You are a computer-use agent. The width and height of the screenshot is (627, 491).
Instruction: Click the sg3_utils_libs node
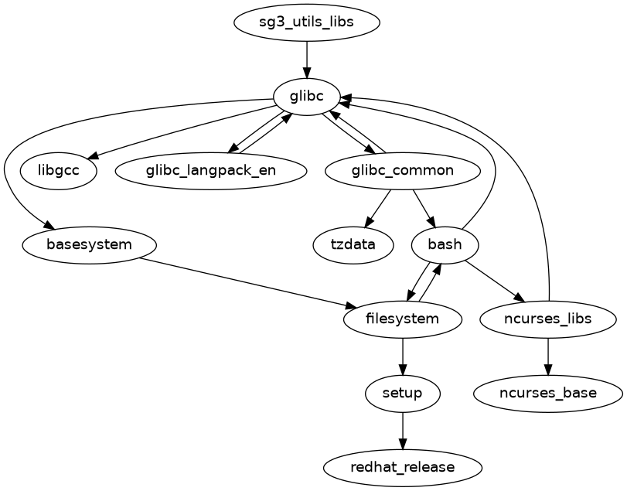click(x=307, y=22)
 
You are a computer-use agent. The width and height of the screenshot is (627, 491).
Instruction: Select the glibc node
click(x=307, y=97)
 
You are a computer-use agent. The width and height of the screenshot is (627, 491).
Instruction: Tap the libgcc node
click(x=59, y=171)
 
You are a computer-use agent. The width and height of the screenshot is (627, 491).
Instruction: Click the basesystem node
click(x=90, y=245)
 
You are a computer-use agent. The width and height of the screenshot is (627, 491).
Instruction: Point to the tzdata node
click(x=353, y=245)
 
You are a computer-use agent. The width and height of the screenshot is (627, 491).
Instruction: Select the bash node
click(x=445, y=245)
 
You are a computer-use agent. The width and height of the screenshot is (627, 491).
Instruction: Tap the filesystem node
click(x=402, y=319)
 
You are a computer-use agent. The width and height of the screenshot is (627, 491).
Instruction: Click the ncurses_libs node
click(x=548, y=319)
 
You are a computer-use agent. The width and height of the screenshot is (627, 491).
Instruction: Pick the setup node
click(x=402, y=394)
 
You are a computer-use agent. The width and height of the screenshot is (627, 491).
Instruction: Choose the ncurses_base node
click(x=548, y=394)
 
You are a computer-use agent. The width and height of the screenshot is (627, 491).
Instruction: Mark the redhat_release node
click(x=402, y=468)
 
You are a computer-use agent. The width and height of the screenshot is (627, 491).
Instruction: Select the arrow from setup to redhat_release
click(x=402, y=431)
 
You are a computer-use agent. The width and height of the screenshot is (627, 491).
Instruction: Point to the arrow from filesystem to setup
click(x=402, y=356)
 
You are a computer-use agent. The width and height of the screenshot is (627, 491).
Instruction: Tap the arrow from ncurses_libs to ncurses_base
click(x=548, y=356)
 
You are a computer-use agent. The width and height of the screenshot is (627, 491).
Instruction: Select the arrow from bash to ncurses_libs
click(x=495, y=281)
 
